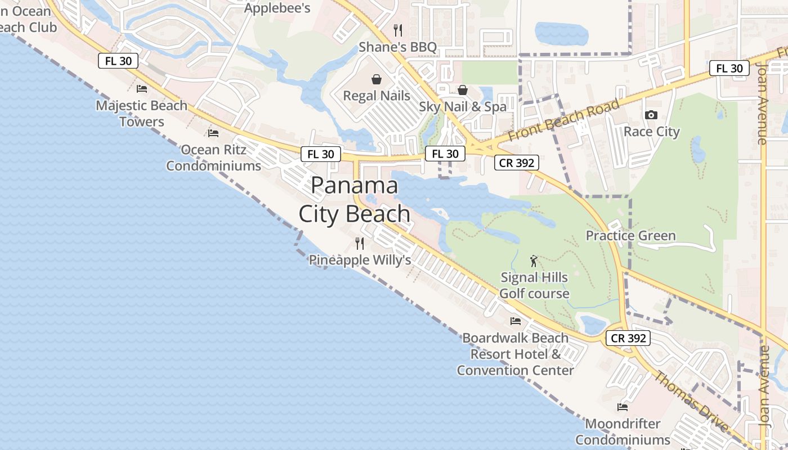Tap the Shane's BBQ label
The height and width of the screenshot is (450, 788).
tap(397, 47)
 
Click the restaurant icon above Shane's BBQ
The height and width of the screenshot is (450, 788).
tap(398, 30)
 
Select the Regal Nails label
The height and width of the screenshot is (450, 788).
tap(377, 96)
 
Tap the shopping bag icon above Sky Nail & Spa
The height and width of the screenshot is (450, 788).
tap(463, 90)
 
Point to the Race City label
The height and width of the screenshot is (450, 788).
tap(651, 132)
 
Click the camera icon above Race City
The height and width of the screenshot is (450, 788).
tap(651, 115)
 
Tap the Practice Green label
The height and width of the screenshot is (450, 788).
tap(630, 236)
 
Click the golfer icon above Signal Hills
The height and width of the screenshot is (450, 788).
tap(534, 261)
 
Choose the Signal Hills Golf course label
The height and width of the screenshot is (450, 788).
tap(534, 286)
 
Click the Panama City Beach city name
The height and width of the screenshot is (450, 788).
tap(355, 200)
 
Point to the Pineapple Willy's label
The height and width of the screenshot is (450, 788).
tap(360, 260)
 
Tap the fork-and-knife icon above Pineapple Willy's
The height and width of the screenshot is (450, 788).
tap(360, 244)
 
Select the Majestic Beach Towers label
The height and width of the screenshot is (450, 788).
tap(142, 113)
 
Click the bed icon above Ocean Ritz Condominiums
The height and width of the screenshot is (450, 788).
tap(213, 133)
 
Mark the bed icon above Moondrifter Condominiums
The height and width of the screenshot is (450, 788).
tap(623, 407)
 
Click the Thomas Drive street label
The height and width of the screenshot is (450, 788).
tap(691, 400)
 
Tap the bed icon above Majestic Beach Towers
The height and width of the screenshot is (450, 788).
tap(142, 89)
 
